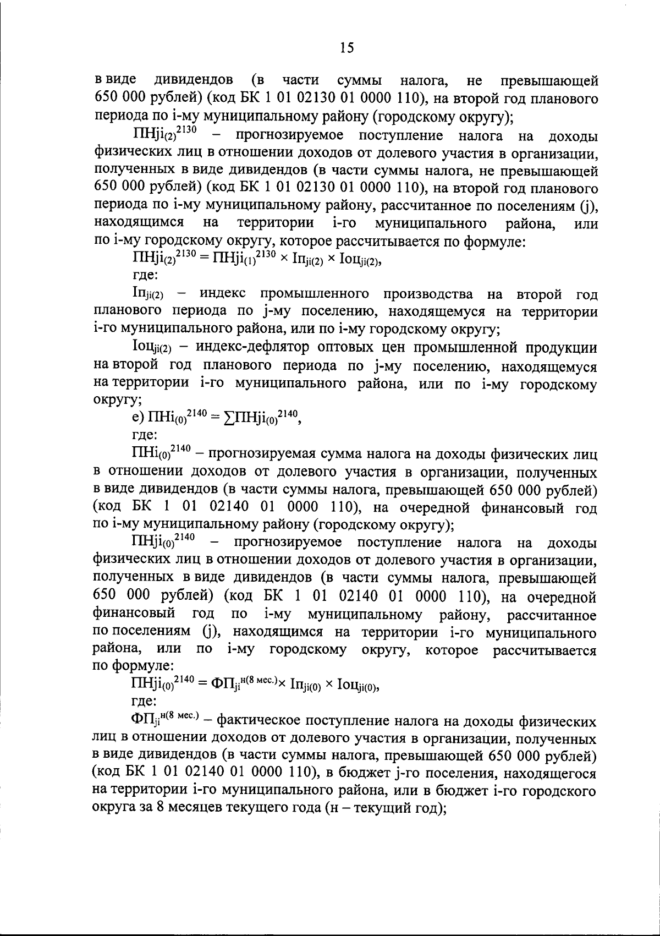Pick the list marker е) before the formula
pyautogui.click(x=140, y=420)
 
